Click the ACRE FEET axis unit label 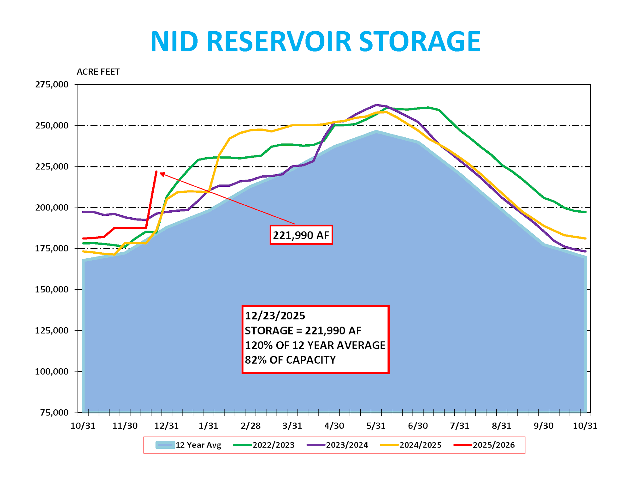tap(98, 72)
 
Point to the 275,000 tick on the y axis tap(52, 84)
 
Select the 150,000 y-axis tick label tap(52, 289)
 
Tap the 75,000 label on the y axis tap(54, 413)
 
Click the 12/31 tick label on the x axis tap(166, 426)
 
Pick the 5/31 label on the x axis tap(376, 426)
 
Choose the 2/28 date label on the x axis tap(251, 426)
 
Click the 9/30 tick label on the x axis tap(543, 426)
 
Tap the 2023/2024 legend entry tap(337, 445)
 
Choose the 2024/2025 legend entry tap(411, 445)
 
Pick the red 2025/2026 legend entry tap(484, 445)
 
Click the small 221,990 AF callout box tap(301, 235)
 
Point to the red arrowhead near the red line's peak tap(162, 174)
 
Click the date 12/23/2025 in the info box tap(275, 316)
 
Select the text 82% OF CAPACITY tap(290, 360)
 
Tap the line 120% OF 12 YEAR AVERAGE tap(315, 345)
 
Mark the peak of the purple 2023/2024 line tap(376, 105)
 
